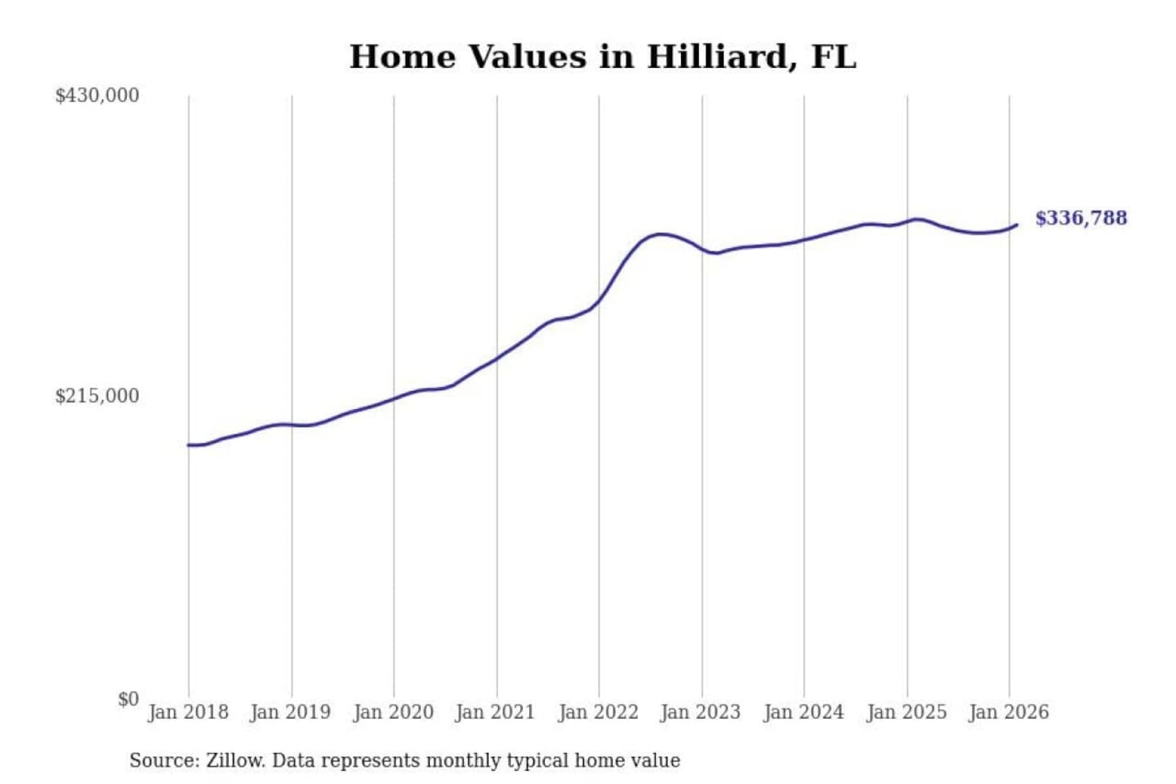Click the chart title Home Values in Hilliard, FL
603,57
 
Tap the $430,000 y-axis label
97,96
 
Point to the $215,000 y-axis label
97,396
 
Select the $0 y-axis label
128,699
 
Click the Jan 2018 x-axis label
188,712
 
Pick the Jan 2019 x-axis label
290,712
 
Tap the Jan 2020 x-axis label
393,712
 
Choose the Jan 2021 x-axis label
495,712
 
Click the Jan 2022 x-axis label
598,712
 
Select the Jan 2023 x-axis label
700,712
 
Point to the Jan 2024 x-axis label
803,712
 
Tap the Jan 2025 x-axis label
906,712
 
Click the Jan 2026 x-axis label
1008,712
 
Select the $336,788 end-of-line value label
1080,218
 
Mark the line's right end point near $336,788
1017,225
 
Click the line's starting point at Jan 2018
189,445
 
